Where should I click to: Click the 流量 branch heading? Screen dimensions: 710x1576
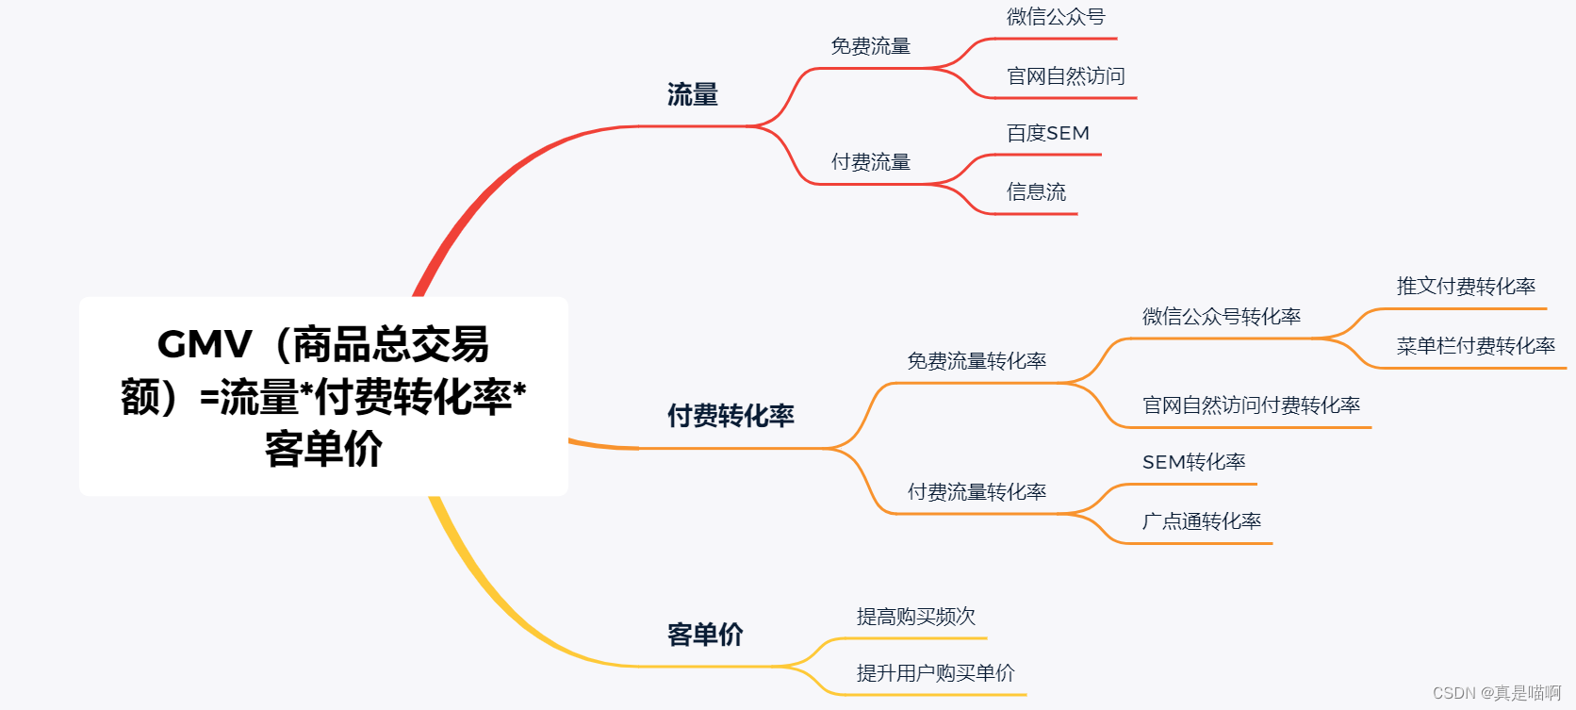click(692, 94)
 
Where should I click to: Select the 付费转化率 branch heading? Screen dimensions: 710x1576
click(731, 416)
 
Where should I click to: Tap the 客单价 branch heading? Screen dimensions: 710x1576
click(704, 635)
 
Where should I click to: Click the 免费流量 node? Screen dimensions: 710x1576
click(870, 46)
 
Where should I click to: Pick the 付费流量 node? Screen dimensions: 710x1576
click(870, 162)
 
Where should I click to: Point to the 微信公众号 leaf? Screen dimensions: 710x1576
click(1055, 17)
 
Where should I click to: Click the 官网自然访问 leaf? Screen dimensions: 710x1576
click(1065, 76)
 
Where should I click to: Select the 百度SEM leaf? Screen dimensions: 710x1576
click(1047, 134)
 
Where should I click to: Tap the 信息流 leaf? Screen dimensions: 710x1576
click(1036, 192)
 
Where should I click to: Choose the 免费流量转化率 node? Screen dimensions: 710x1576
click(977, 361)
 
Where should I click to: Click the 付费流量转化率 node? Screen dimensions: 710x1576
click(977, 492)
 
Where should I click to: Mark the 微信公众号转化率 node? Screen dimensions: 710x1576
click(1221, 317)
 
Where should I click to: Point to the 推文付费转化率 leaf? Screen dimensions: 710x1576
click(1466, 287)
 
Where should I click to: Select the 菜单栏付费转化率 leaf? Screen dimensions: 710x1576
click(1475, 346)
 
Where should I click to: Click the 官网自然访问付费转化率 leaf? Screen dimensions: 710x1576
click(1251, 405)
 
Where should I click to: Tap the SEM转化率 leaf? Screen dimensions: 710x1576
click(1193, 462)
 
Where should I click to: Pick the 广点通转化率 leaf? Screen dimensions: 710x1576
click(1201, 521)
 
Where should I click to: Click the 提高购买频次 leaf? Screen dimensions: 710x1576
click(915, 617)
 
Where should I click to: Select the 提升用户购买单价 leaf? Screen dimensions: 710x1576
click(935, 673)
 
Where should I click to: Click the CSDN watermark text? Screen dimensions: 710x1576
click(1496, 693)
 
